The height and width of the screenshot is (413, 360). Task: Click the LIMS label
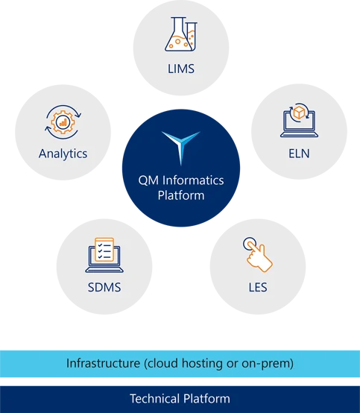click(x=181, y=69)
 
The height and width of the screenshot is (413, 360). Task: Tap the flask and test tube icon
click(x=181, y=34)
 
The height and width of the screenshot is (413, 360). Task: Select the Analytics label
click(x=63, y=154)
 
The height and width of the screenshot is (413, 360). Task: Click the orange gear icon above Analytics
click(x=63, y=122)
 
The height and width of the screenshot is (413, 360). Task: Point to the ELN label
click(x=299, y=154)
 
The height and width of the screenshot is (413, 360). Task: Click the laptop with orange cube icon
click(x=299, y=120)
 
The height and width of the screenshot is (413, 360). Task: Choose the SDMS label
click(x=104, y=287)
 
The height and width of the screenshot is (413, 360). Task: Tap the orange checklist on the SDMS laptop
click(x=104, y=250)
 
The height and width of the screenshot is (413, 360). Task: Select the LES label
click(x=258, y=287)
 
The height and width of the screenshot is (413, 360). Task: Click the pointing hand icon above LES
click(x=258, y=254)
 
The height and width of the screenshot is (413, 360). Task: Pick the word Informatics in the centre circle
click(x=193, y=180)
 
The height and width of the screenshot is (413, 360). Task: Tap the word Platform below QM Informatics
click(x=181, y=195)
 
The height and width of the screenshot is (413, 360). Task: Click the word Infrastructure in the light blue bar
click(x=103, y=363)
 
